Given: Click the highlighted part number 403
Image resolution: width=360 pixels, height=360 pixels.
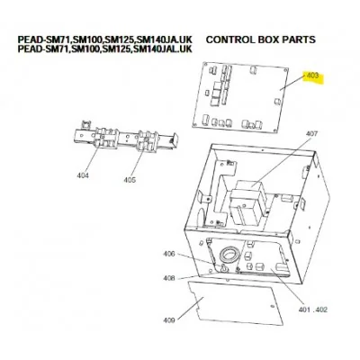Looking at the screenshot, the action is [312, 76].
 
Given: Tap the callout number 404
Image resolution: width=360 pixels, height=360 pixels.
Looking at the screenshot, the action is [83, 175].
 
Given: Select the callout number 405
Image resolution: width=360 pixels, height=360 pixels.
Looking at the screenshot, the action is [130, 180].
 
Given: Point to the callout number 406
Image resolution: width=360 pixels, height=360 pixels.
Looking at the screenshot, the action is [169, 254].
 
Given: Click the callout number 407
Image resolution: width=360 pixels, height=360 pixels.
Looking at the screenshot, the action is [311, 134].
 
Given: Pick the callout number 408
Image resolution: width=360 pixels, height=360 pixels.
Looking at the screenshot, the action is [169, 278].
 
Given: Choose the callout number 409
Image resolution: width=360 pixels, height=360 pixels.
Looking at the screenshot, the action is [169, 320].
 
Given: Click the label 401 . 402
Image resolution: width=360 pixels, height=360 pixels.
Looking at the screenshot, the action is [313, 310].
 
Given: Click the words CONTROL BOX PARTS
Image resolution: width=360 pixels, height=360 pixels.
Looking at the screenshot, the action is [261, 40].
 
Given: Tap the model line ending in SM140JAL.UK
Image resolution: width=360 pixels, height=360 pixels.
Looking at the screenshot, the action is [104, 49].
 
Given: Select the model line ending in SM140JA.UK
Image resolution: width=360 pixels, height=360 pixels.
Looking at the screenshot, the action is [104, 40].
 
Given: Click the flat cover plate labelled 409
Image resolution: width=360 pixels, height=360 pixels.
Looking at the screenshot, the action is [235, 302].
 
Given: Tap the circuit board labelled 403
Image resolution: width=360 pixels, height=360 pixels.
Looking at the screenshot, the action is [240, 97].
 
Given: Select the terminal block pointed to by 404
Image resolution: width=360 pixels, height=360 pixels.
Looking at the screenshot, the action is [105, 138].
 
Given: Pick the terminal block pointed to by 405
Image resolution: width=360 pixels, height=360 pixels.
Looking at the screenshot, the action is [147, 141].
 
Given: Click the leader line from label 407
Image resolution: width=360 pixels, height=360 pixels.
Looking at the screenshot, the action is [281, 163].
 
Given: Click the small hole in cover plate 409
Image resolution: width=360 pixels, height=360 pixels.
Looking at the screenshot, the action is [272, 307].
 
